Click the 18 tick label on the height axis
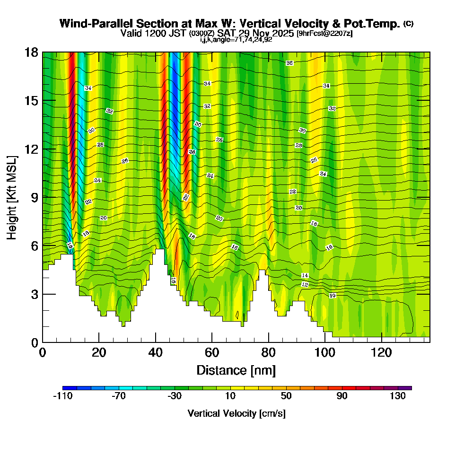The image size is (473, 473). (x=31, y=53)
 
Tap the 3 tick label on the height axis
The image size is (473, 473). (x=34, y=294)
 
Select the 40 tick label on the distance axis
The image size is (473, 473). (x=155, y=353)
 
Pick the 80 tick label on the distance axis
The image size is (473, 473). (x=268, y=353)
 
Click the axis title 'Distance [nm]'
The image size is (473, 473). (x=236, y=370)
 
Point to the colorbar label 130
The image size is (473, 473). (x=398, y=396)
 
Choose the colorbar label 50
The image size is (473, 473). (x=286, y=396)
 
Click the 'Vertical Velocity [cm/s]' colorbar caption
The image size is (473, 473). (x=236, y=413)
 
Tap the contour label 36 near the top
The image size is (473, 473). (x=289, y=63)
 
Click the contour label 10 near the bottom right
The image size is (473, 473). (x=332, y=296)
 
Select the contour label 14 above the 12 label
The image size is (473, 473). (x=305, y=275)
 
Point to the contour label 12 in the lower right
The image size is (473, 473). (x=305, y=285)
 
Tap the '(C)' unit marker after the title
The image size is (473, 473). (x=408, y=24)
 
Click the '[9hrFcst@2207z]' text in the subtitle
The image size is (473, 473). (x=324, y=34)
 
